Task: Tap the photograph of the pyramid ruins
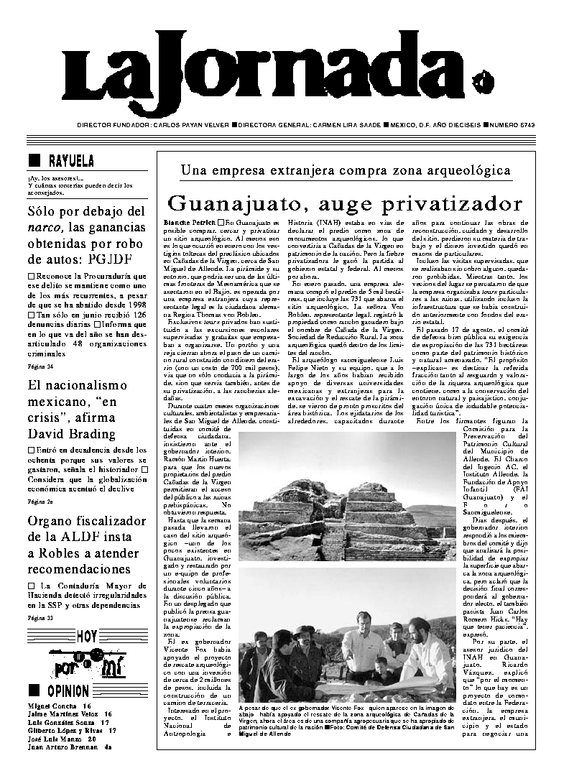[x=346, y=497]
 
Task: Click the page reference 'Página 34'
[x=37, y=366]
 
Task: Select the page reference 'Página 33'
[x=37, y=617]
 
